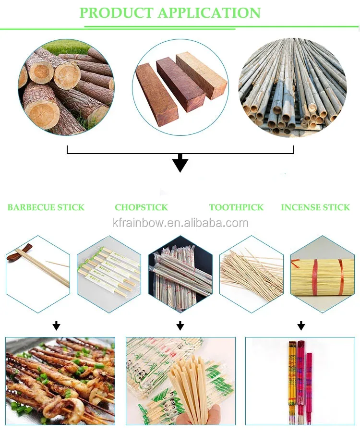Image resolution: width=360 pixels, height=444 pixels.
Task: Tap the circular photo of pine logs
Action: click(66, 86)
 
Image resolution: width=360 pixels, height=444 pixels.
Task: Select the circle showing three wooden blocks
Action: click(180, 86)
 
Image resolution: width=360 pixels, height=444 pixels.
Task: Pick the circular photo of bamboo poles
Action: click(293, 86)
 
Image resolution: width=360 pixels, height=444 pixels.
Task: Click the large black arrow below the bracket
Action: click(180, 163)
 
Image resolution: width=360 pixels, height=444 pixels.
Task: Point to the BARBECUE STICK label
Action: click(46, 207)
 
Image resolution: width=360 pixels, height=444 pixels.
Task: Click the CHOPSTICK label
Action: click(141, 207)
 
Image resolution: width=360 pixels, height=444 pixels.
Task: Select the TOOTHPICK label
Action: click(236, 207)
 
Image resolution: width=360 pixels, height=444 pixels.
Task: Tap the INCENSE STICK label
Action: click(315, 207)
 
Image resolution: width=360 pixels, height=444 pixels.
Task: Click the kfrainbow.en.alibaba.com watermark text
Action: click(180, 223)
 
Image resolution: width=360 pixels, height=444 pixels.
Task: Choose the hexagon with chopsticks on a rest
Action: click(37, 274)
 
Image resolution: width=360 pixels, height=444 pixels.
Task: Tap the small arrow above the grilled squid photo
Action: click(57, 326)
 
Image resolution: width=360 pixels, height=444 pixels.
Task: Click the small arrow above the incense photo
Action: click(301, 326)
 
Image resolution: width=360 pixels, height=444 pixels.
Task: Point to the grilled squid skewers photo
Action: click(60, 381)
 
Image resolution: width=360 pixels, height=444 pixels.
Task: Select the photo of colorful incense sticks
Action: click(300, 381)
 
